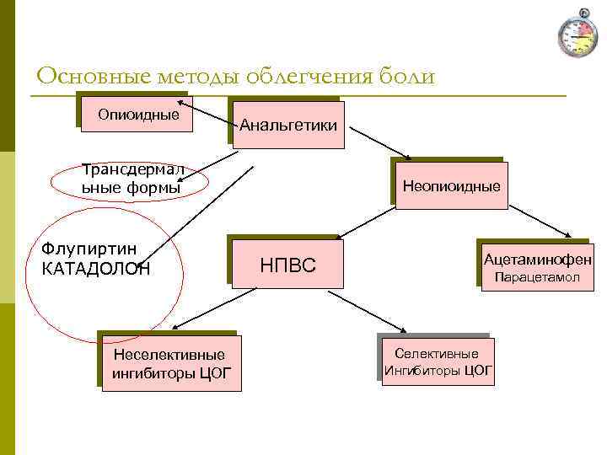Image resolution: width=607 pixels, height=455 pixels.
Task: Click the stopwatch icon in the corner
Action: tap(577, 35)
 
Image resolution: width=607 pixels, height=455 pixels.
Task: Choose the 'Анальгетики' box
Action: tap(289, 126)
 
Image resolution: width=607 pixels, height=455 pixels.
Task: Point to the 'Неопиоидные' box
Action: tap(451, 185)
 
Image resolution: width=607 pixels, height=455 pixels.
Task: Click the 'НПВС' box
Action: tap(287, 265)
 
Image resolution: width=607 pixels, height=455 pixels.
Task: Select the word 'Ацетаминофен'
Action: tap(537, 260)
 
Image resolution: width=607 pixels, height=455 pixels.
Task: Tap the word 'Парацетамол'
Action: tap(537, 277)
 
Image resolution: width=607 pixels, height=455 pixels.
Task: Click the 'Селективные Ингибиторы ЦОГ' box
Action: tap(436, 361)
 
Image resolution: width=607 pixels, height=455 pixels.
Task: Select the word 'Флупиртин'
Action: tap(89, 250)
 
